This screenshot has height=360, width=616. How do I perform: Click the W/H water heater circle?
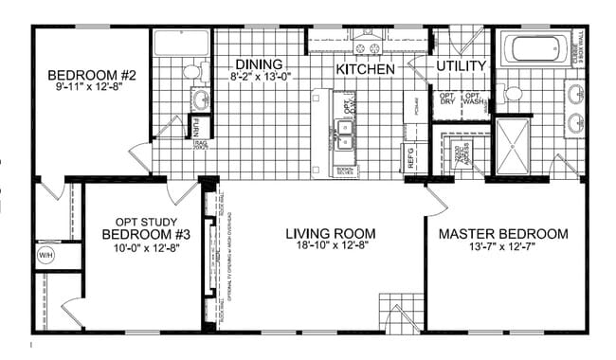point(45,256)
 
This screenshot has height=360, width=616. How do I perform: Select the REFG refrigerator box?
point(411,157)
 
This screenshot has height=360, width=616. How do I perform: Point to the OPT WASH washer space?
point(472,99)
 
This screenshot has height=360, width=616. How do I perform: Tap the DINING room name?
point(259,63)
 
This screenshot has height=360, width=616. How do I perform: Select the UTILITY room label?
point(461,66)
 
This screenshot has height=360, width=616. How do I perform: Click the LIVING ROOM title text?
point(331,233)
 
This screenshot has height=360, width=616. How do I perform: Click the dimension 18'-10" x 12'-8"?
point(331,246)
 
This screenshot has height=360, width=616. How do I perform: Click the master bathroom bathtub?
point(534,48)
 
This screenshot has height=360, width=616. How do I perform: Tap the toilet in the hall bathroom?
point(192,70)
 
